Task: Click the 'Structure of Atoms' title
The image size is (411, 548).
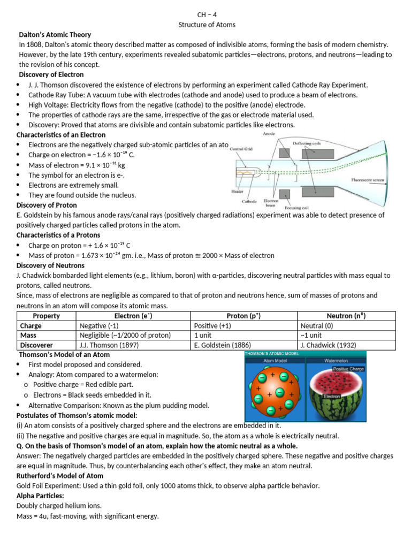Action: click(x=206, y=25)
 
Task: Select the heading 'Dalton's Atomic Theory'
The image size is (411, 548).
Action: click(x=55, y=35)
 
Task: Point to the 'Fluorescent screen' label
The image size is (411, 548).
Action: click(x=369, y=180)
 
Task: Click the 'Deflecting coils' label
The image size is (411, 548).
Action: click(x=308, y=143)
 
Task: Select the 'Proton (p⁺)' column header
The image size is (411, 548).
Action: click(x=243, y=316)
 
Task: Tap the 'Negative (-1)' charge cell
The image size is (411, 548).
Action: click(x=100, y=325)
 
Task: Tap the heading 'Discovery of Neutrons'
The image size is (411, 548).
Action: click(x=50, y=265)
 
